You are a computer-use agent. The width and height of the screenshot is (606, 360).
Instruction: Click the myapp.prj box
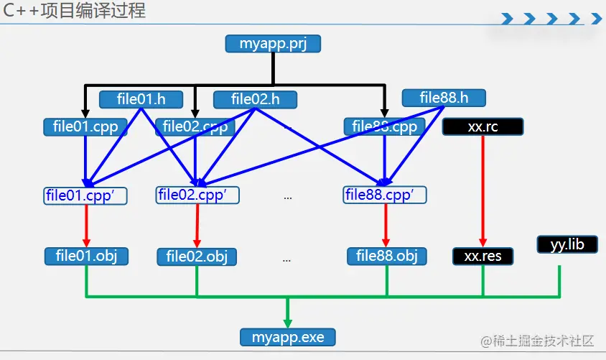pyautogui.click(x=272, y=44)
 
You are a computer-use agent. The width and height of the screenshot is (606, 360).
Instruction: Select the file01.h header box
pyautogui.click(x=141, y=98)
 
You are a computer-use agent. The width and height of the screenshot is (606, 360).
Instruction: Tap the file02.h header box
pyautogui.click(x=256, y=99)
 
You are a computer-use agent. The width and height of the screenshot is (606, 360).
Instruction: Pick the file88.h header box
pyautogui.click(x=444, y=97)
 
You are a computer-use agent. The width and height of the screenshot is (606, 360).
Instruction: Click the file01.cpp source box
pyautogui.click(x=85, y=127)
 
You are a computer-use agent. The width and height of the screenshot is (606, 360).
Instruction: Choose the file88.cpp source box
pyautogui.click(x=384, y=127)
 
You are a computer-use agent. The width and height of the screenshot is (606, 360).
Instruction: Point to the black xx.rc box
pyautogui.click(x=483, y=127)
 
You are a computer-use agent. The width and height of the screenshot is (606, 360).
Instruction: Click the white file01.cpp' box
pyautogui.click(x=85, y=195)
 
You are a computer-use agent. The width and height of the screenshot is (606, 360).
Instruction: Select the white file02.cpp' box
pyautogui.click(x=197, y=195)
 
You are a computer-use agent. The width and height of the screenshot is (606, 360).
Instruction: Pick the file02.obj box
pyautogui.click(x=197, y=257)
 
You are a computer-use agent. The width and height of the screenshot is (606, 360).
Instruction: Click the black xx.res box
pyautogui.click(x=483, y=256)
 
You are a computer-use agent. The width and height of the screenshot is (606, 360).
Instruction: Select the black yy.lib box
pyautogui.click(x=567, y=244)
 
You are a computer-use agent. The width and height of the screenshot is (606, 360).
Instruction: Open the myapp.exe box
pyautogui.click(x=287, y=336)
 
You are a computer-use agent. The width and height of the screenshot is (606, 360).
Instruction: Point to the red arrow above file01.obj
pyautogui.click(x=86, y=225)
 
